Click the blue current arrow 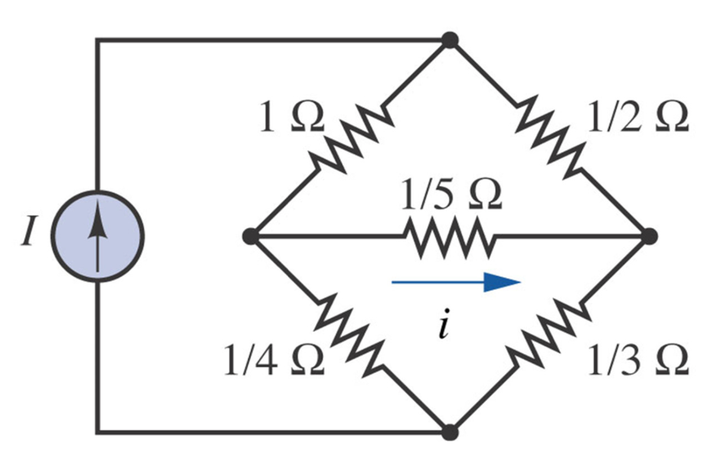point(456,282)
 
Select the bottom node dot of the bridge point(451,432)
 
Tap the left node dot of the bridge point(249,236)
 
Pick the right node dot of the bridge point(649,236)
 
